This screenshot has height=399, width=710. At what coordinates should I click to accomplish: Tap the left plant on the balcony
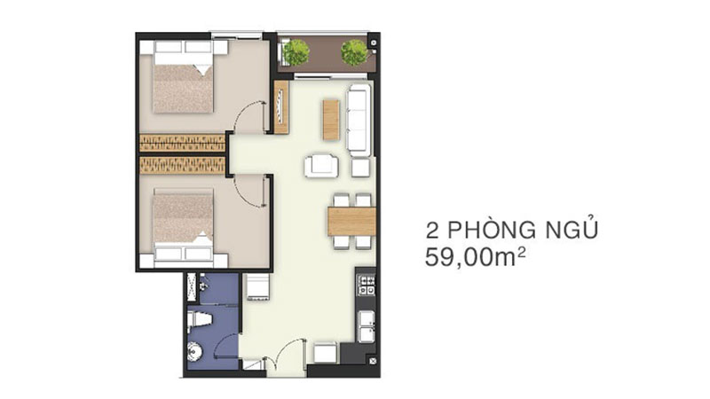tap(296, 52)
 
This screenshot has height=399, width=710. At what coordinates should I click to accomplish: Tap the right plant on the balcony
tap(354, 52)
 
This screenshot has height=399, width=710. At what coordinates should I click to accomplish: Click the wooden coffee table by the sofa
tap(330, 119)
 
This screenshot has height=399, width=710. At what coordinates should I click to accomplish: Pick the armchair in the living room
tap(319, 166)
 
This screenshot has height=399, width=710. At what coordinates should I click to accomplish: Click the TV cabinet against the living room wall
tap(281, 107)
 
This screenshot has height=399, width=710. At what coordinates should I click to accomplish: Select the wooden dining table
tap(351, 220)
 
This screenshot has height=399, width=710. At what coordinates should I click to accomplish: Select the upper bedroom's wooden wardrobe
tap(182, 143)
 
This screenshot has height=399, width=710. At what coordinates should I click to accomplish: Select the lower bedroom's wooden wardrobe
tap(182, 165)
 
